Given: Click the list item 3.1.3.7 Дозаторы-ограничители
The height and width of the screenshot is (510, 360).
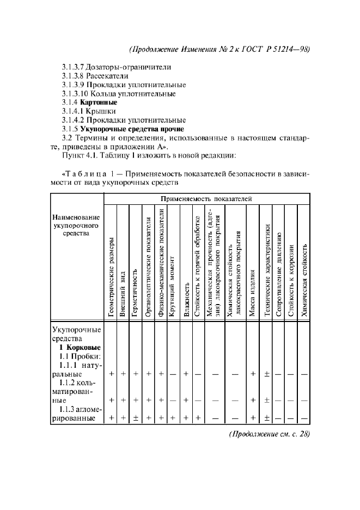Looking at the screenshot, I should point(116,67).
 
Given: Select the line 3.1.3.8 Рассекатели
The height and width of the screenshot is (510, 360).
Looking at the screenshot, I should point(97,76).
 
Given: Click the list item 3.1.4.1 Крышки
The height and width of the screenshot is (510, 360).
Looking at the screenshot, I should point(92,111).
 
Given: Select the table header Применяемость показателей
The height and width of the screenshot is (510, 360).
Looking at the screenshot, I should point(206,199).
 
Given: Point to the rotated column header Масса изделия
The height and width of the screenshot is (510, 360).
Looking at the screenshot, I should point(252,292).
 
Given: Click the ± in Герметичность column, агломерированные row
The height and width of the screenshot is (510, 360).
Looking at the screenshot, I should point(136,418).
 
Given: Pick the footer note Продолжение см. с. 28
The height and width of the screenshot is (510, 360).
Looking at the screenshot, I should point(267,434).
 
